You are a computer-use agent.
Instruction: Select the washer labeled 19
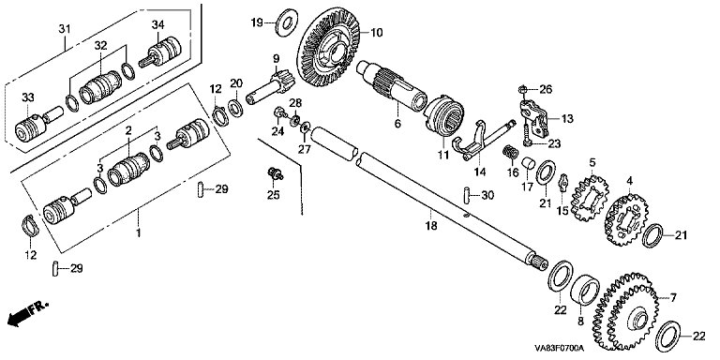pyautogui.click(x=287, y=22)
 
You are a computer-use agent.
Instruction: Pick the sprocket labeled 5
pyautogui.click(x=590, y=195)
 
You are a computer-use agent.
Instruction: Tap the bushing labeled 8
pyautogui.click(x=585, y=290)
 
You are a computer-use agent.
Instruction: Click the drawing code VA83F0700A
pyautogui.click(x=558, y=348)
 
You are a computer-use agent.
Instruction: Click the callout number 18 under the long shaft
pyautogui.click(x=430, y=225)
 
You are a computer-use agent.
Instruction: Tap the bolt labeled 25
pyautogui.click(x=275, y=174)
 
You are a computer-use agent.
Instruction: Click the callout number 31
pyautogui.click(x=65, y=29)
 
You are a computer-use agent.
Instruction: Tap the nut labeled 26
pyautogui.click(x=522, y=88)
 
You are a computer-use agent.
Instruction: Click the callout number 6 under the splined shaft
pyautogui.click(x=398, y=124)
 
